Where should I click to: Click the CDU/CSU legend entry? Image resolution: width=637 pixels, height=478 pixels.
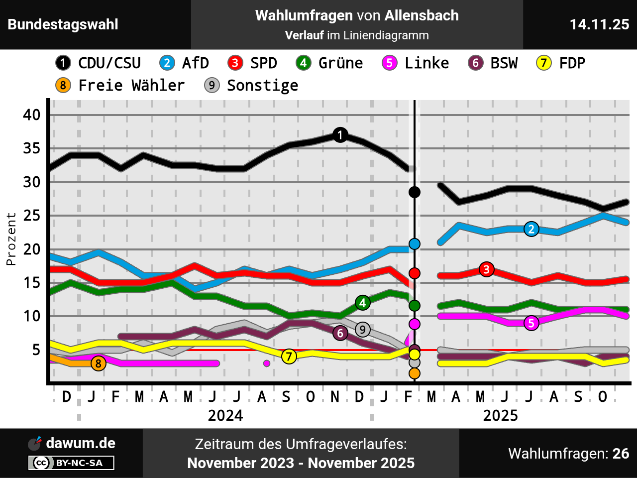point(99,63)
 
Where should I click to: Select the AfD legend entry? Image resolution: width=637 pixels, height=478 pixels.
point(184,63)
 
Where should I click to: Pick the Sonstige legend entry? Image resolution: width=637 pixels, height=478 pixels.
point(252,86)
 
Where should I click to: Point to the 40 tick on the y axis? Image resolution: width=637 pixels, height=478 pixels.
point(32,115)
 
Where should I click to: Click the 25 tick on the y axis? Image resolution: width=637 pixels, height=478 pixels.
point(32,216)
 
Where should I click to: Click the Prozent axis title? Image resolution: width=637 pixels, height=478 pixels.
point(11,239)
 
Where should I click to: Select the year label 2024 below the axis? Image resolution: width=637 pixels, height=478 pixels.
point(225,415)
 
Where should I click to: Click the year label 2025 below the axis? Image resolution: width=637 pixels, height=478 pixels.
point(500,415)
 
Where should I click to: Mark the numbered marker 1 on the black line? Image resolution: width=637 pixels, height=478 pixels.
point(340,135)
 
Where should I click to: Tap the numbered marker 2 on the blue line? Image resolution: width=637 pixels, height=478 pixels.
point(531,229)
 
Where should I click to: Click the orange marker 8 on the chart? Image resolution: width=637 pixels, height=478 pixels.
point(99,363)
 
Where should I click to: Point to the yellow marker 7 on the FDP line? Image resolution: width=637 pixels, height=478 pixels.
point(289,357)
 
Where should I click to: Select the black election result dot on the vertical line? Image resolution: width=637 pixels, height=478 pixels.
point(414,192)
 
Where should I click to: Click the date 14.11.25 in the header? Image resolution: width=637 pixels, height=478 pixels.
point(599,24)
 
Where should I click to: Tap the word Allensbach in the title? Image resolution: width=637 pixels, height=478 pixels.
point(422,15)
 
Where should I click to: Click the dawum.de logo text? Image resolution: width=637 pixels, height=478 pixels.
point(81,443)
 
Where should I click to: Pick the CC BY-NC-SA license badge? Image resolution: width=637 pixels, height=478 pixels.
point(71,463)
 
